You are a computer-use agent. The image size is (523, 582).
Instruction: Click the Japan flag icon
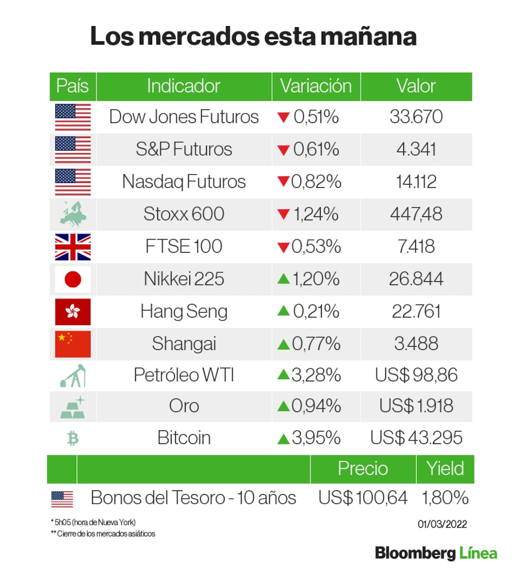pyautogui.click(x=73, y=279)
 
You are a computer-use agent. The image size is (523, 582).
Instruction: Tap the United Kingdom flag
pyautogui.click(x=73, y=247)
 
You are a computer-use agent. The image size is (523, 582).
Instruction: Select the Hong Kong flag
pyautogui.click(x=73, y=312)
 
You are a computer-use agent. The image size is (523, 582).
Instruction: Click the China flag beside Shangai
pyautogui.click(x=73, y=344)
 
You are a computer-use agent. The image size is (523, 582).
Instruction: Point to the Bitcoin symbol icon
pyautogui.click(x=73, y=438)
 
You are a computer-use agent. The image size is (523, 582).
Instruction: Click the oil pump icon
pyautogui.click(x=73, y=375)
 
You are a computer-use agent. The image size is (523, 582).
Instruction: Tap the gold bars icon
pyautogui.click(x=73, y=407)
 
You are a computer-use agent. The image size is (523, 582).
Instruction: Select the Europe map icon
pyautogui.click(x=73, y=214)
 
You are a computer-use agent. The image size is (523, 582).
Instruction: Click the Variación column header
pyautogui.click(x=316, y=86)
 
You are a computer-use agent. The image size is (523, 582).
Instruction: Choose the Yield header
pyautogui.click(x=445, y=469)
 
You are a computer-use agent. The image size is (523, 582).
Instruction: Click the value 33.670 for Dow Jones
pyautogui.click(x=416, y=117)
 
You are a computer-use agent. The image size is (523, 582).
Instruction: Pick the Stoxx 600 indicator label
pyautogui.click(x=184, y=214)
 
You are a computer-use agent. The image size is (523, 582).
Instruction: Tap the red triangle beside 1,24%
pyautogui.click(x=283, y=214)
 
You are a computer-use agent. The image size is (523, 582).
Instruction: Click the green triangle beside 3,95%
pyautogui.click(x=283, y=438)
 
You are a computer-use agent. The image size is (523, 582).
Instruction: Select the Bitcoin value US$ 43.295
pyautogui.click(x=416, y=438)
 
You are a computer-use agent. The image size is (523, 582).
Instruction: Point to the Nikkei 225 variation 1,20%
pyautogui.click(x=315, y=279)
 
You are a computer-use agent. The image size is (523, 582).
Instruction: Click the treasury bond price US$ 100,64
pyautogui.click(x=363, y=498)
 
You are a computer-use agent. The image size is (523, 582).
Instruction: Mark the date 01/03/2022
pyautogui.click(x=442, y=524)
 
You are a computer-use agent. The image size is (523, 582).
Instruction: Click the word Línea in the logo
pyautogui.click(x=479, y=553)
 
